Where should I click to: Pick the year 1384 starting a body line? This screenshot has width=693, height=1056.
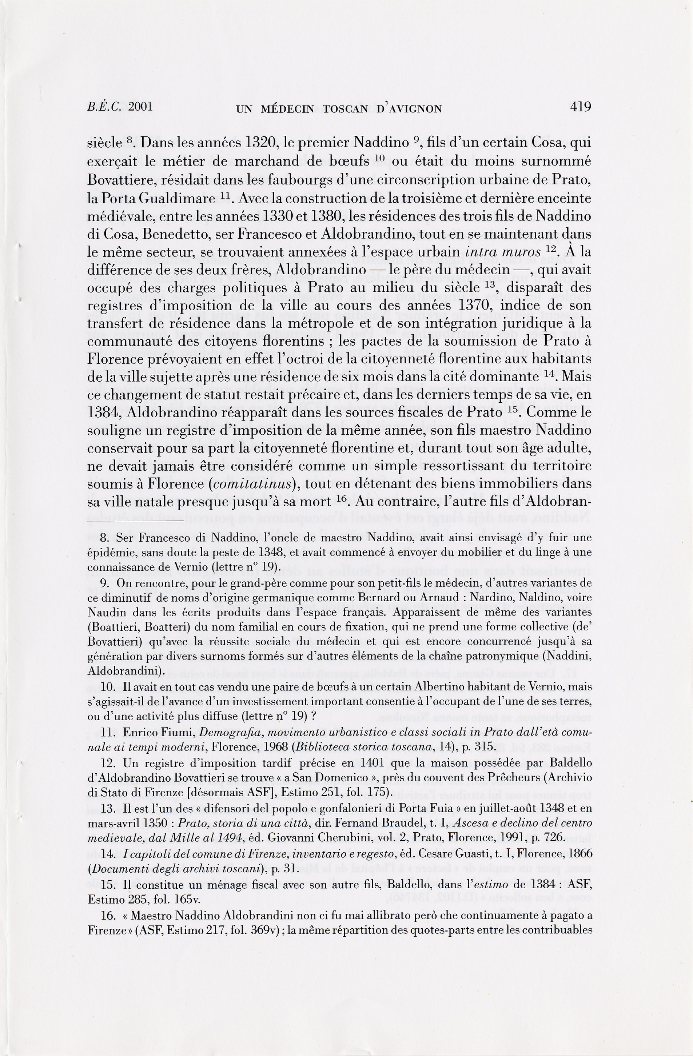105,413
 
